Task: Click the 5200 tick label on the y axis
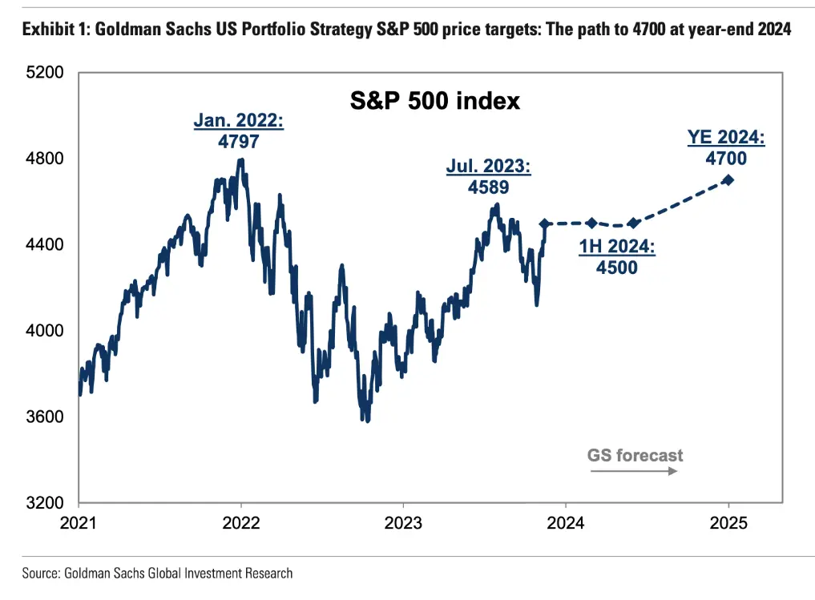(46, 73)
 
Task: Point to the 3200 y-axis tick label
(46, 503)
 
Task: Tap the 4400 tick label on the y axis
(46, 245)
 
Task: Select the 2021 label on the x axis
(79, 523)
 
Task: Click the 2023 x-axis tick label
(403, 523)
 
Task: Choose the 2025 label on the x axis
(728, 523)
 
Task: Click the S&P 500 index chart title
(435, 101)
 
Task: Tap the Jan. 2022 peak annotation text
(239, 122)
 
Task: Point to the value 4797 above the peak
(239, 140)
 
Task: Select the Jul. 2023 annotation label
(488, 168)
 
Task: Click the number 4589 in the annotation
(488, 187)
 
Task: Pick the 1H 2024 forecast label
(617, 248)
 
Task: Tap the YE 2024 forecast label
(726, 139)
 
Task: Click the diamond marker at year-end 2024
(728, 179)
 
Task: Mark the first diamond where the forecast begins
(545, 224)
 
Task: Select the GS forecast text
(635, 456)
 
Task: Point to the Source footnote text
(157, 573)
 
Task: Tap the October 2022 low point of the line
(366, 419)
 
